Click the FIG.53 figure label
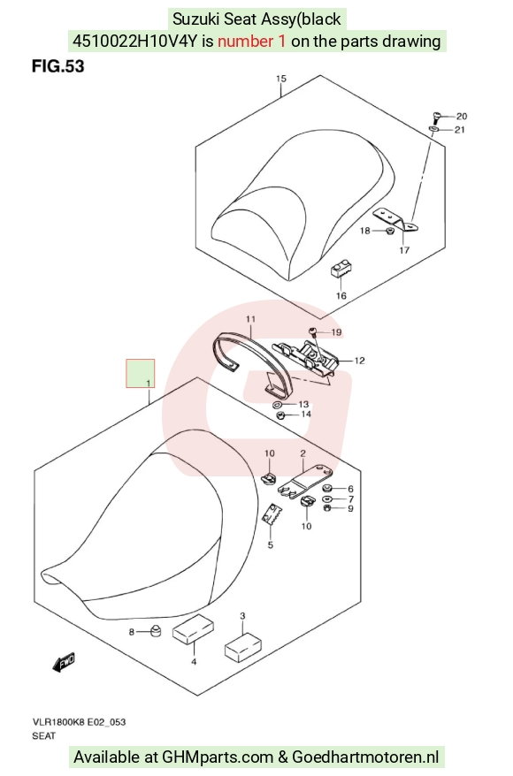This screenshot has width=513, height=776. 58,66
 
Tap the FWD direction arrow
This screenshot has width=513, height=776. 64,662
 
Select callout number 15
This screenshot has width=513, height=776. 280,79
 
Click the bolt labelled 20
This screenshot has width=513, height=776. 436,118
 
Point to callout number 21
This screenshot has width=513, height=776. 460,130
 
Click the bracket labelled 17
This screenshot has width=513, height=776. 395,220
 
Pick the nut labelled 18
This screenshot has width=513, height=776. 389,231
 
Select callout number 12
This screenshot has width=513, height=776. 359,361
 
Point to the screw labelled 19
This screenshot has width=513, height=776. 313,331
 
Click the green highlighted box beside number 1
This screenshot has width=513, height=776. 140,373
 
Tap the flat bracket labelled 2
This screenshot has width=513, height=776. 305,478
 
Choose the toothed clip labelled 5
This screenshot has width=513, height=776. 271,515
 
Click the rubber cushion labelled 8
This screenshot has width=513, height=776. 156,631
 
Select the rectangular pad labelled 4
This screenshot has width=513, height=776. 193,629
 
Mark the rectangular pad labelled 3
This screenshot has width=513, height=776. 243,646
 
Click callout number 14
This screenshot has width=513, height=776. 305,414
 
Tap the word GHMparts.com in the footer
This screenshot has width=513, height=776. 218,757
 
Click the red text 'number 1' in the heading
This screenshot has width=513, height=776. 251,41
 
